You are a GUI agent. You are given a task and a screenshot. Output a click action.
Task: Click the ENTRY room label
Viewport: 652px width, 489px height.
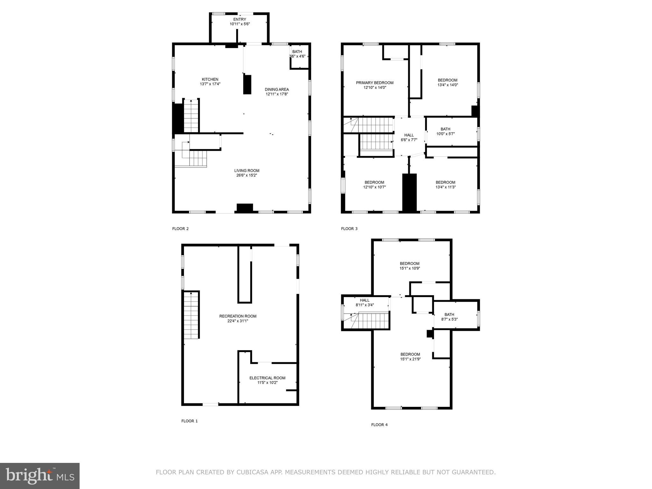pos(240,20)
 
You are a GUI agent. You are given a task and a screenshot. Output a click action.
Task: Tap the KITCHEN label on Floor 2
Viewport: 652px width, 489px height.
pos(210,80)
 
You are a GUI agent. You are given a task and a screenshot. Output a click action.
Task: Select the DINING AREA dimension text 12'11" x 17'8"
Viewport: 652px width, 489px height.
pos(277,94)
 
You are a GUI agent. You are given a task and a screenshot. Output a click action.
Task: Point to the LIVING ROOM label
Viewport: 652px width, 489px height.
pos(247,171)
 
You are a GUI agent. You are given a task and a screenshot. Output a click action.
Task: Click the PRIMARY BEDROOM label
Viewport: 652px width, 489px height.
pos(375,83)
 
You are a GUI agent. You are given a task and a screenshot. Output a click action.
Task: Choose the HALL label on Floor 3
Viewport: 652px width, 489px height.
pos(409,135)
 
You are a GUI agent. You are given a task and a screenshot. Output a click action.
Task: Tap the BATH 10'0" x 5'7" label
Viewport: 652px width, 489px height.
pos(445,131)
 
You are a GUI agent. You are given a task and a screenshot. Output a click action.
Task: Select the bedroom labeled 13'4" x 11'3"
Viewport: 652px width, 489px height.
pos(445,185)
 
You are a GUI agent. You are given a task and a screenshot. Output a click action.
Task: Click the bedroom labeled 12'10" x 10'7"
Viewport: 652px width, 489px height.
pos(374,185)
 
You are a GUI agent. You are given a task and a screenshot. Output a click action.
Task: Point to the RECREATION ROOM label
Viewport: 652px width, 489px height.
pos(238,316)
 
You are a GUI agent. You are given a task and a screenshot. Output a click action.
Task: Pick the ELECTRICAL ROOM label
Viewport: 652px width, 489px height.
pos(267,378)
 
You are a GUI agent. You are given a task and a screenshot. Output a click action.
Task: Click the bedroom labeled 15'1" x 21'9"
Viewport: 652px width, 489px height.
pos(410,357)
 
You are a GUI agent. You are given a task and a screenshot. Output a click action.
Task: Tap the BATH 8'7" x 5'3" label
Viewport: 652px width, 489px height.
pos(449,317)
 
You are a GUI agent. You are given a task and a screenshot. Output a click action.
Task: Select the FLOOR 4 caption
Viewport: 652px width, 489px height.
pos(379,425)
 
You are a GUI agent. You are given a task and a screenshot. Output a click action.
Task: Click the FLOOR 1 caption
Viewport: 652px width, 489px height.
pos(189,421)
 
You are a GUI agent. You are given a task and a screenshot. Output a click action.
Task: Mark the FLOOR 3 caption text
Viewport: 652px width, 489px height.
pos(349,229)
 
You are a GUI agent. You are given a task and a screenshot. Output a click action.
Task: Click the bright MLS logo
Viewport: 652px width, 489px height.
pos(40,476)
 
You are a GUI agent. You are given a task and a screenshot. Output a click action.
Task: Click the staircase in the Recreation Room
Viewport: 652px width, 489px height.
pos(191,315)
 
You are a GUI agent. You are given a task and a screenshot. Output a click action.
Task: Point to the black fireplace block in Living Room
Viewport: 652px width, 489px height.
pos(244,208)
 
